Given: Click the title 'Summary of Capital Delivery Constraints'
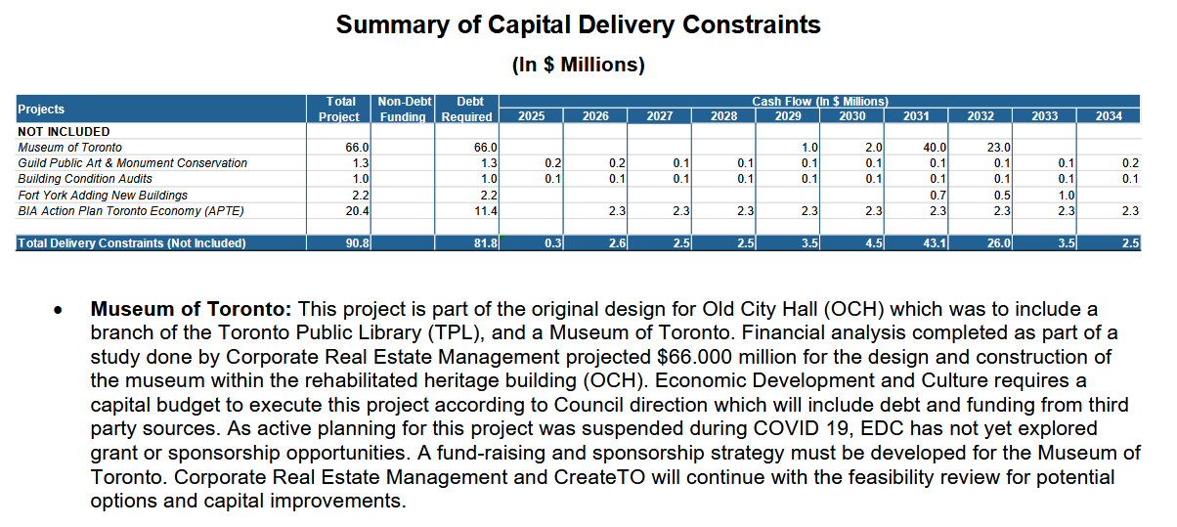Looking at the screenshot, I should (x=578, y=24).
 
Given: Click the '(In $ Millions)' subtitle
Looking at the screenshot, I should (x=578, y=66).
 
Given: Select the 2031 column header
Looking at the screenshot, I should (x=916, y=116).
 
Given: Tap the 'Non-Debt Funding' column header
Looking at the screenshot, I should (x=402, y=110).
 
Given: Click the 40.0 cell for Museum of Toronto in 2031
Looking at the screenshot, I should (x=935, y=147).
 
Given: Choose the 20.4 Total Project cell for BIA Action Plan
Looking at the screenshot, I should (x=358, y=210).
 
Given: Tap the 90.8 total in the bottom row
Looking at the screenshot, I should (x=358, y=242).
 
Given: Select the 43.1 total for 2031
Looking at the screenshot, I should (x=934, y=242).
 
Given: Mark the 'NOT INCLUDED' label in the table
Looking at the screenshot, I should (x=64, y=131).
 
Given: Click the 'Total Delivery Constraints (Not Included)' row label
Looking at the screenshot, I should (x=131, y=242).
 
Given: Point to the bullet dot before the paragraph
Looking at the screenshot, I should (x=60, y=312).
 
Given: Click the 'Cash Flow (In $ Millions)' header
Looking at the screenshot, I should (x=819, y=101).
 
